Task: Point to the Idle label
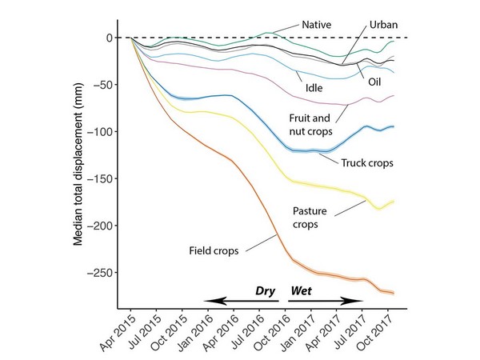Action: (314, 79)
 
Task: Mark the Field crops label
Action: (212, 250)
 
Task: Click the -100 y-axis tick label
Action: (101, 131)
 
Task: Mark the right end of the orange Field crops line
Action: (394, 293)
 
